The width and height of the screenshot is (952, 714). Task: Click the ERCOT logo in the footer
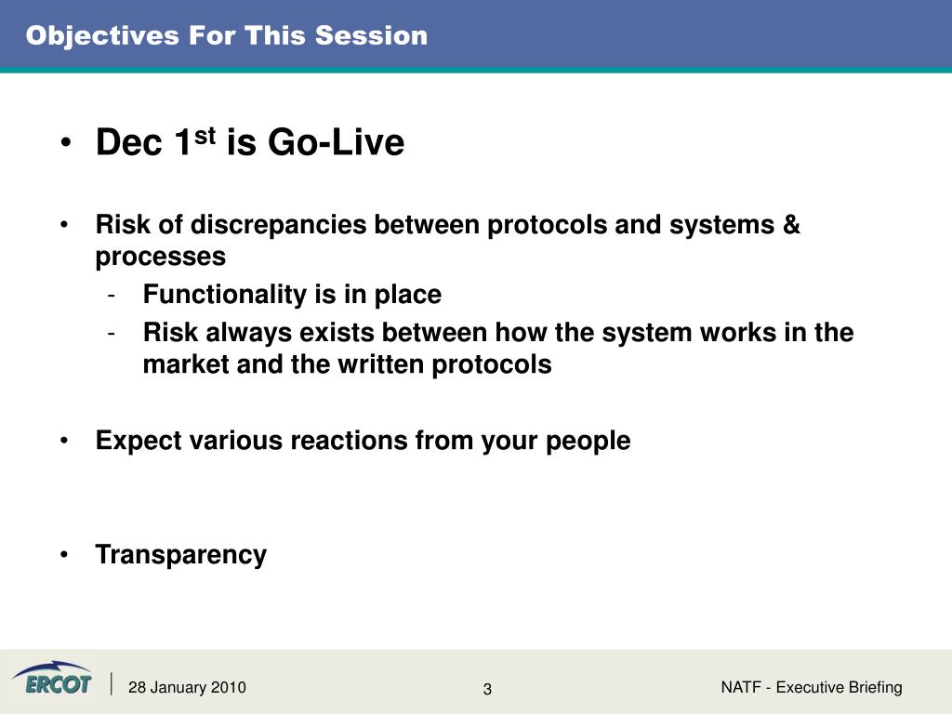click(x=53, y=678)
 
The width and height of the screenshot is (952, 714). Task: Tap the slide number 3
click(x=487, y=689)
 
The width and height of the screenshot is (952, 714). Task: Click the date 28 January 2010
click(x=187, y=687)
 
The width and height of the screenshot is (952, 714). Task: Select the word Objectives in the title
click(x=102, y=36)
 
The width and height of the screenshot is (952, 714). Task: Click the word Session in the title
click(x=372, y=35)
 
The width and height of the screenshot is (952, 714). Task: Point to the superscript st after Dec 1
click(x=205, y=136)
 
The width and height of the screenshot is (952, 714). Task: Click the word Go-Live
click(x=336, y=142)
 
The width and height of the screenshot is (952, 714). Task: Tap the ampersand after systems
click(x=792, y=224)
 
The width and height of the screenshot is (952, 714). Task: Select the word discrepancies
click(x=279, y=225)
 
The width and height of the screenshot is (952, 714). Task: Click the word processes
click(x=161, y=257)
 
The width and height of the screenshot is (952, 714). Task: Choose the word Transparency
click(x=181, y=555)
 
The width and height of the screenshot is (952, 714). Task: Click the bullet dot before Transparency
click(x=64, y=554)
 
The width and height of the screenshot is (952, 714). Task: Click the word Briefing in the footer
click(x=875, y=687)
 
